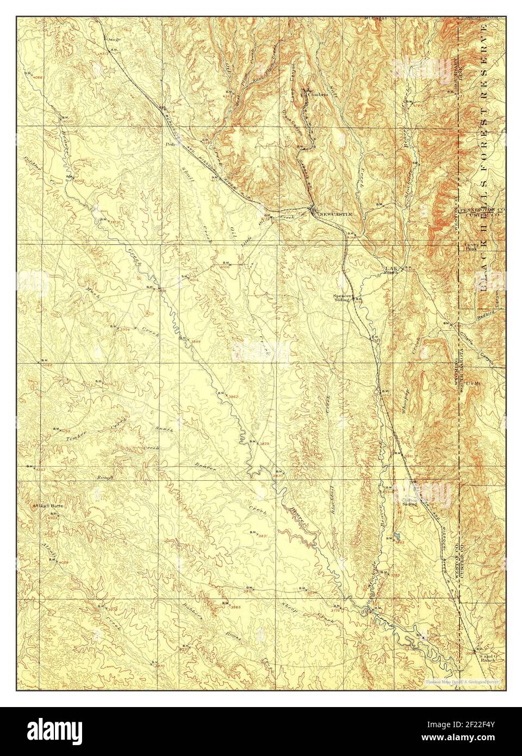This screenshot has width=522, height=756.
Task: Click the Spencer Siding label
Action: pos(344,298)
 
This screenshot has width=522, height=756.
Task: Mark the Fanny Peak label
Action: pos(470,246)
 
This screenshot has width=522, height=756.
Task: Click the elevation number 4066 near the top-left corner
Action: pos(38,77)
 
